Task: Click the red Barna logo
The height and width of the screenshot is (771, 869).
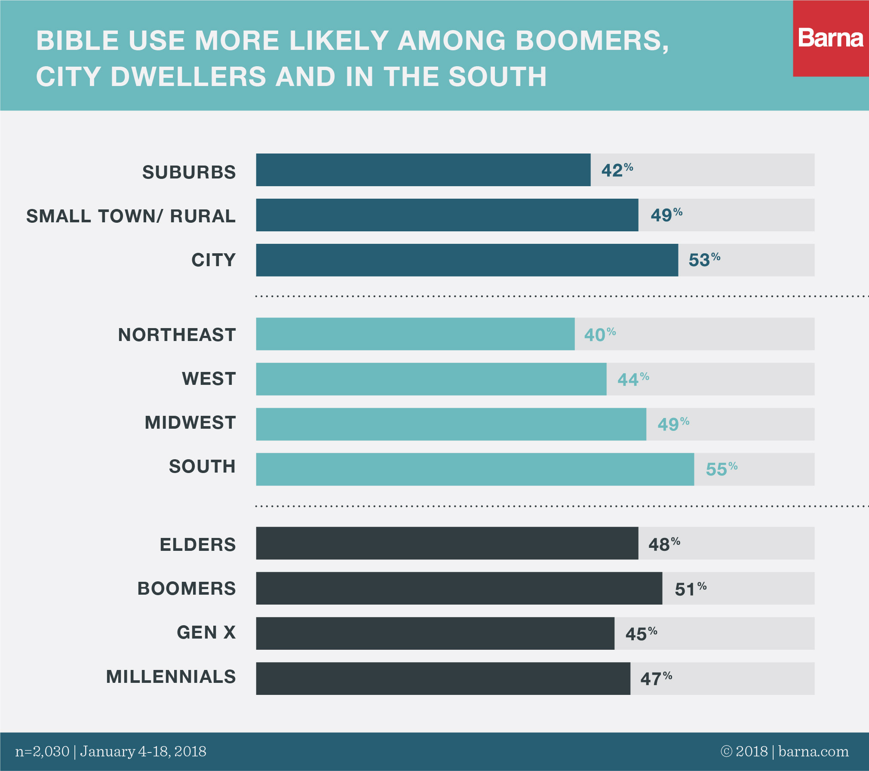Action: pyautogui.click(x=830, y=38)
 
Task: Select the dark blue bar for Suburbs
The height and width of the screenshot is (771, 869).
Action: pyautogui.click(x=423, y=170)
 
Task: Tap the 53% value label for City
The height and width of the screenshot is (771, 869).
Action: pyautogui.click(x=704, y=260)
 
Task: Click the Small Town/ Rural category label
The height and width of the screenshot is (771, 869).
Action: pyautogui.click(x=131, y=216)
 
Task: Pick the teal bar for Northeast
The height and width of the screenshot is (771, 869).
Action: pyautogui.click(x=415, y=334)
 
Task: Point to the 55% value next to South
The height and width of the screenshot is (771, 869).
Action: pyautogui.click(x=721, y=469)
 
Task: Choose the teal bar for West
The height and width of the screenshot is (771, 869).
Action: pyautogui.click(x=431, y=379)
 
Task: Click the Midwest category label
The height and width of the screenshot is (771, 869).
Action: pyautogui.click(x=190, y=423)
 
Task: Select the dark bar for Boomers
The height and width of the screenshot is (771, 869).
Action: pyautogui.click(x=459, y=588)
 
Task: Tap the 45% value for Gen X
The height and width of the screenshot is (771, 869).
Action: pyautogui.click(x=641, y=633)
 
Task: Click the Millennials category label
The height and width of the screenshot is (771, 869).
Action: pyautogui.click(x=171, y=677)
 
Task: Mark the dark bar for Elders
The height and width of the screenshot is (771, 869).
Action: pyautogui.click(x=447, y=543)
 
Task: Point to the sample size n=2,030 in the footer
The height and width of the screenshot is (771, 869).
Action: pyautogui.click(x=42, y=752)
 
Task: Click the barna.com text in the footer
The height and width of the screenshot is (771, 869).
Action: pyautogui.click(x=813, y=752)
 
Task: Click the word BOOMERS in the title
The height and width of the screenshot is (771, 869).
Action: pyautogui.click(x=592, y=41)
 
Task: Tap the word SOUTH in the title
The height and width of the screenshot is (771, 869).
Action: pyautogui.click(x=497, y=77)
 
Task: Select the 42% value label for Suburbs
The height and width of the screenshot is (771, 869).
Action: pyautogui.click(x=617, y=170)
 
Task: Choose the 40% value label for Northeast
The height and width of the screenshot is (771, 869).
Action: pyautogui.click(x=599, y=335)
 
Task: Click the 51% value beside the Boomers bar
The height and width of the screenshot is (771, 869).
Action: pyautogui.click(x=690, y=589)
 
